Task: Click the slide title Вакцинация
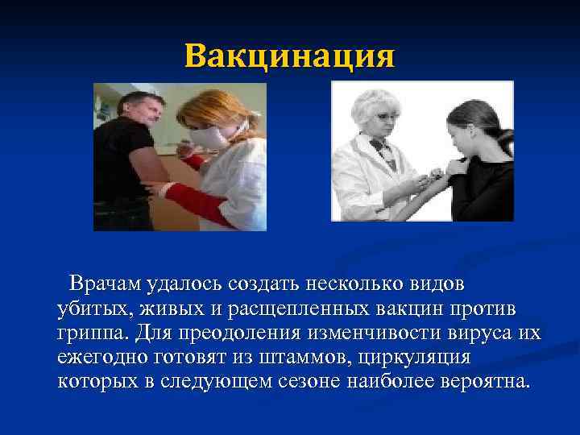[289, 57]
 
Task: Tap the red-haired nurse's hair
[213, 109]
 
